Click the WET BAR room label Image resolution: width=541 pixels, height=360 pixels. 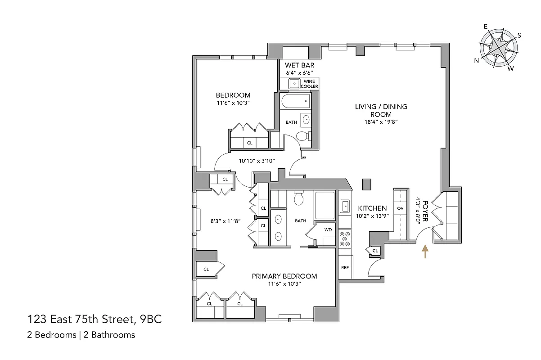click(299, 65)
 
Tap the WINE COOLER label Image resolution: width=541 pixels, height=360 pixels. click(309, 84)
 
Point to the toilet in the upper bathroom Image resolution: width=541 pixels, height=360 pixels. click(304, 136)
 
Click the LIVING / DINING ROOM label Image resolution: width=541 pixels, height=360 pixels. click(381, 111)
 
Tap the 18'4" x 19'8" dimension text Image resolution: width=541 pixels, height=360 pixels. click(381, 121)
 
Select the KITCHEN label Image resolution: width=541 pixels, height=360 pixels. click(372, 208)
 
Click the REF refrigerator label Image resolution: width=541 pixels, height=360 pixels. click(345, 267)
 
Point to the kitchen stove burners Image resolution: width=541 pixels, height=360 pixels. click(345, 239)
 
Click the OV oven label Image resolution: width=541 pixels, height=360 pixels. click(400, 208)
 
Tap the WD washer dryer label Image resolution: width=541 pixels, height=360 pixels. click(328, 230)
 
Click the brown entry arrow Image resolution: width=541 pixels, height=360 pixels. click(424, 252)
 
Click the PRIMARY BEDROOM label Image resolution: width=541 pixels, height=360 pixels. click(284, 276)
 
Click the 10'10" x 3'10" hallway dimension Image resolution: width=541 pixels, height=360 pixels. click(256, 160)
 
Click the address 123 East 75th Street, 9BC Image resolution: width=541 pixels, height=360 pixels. click(95, 320)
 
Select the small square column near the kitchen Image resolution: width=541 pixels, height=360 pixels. click(366, 184)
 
